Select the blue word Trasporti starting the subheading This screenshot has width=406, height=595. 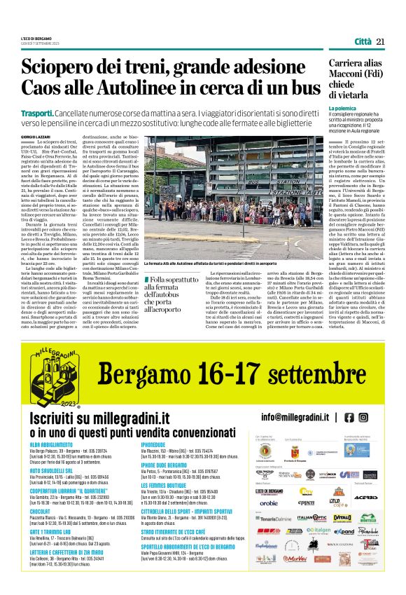coord(37,113)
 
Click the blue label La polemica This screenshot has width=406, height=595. coord(343,109)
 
